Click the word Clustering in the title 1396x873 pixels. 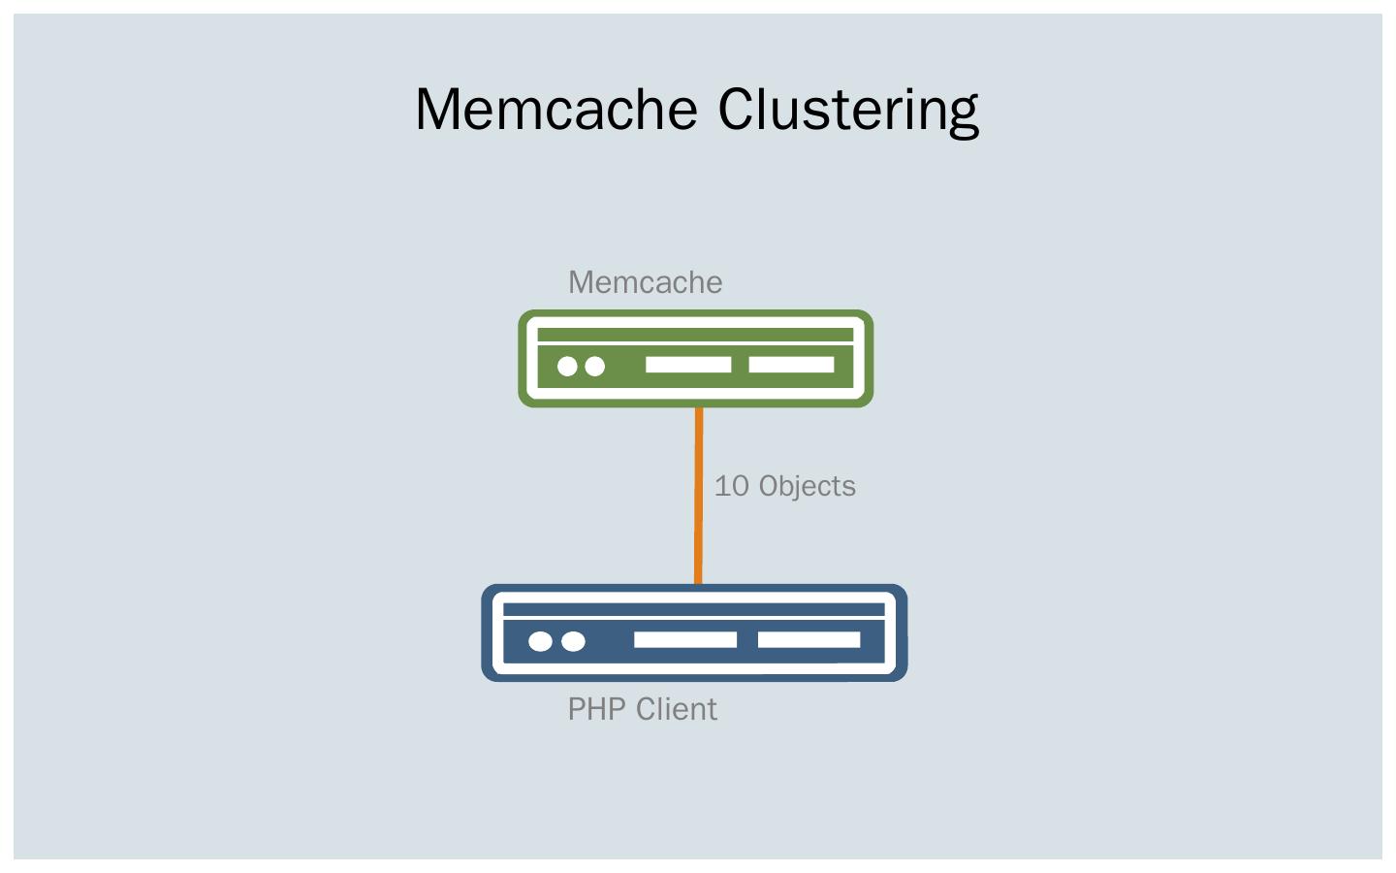pyautogui.click(x=849, y=112)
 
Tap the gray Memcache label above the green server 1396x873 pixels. pyautogui.click(x=645, y=282)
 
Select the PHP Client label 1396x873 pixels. pyautogui.click(x=643, y=709)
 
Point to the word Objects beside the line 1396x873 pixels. pyautogui.click(x=807, y=486)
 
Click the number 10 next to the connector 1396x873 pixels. pyautogui.click(x=732, y=486)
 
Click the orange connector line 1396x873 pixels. pyautogui.click(x=699, y=496)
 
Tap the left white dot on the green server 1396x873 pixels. pyautogui.click(x=567, y=366)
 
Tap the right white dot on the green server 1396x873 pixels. pyautogui.click(x=594, y=366)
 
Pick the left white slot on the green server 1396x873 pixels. pyautogui.click(x=688, y=365)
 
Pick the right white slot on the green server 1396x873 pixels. pyautogui.click(x=791, y=365)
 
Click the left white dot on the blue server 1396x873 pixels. pyautogui.click(x=540, y=641)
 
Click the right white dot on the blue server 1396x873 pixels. pyautogui.click(x=573, y=641)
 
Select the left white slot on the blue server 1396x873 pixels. pyautogui.click(x=685, y=640)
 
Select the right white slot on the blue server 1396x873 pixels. pyautogui.click(x=809, y=640)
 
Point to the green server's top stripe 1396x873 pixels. pyautogui.click(x=695, y=335)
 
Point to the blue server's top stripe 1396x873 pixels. pyautogui.click(x=694, y=609)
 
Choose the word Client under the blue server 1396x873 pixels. pyautogui.click(x=677, y=709)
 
